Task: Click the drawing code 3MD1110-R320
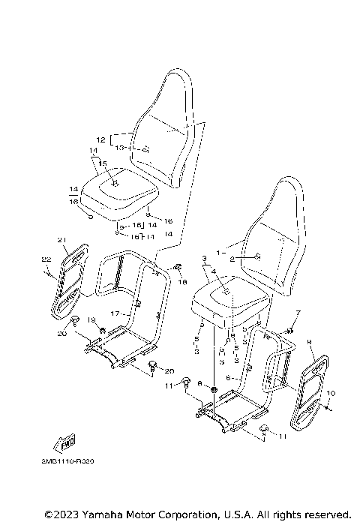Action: click(69, 462)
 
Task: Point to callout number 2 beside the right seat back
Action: click(232, 259)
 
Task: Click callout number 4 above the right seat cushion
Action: click(214, 271)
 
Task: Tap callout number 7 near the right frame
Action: click(298, 312)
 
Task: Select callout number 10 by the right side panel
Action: click(331, 393)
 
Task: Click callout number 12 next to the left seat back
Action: click(100, 139)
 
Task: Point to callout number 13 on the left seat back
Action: click(119, 148)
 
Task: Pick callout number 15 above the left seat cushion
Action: click(103, 163)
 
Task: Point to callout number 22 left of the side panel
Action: click(45, 259)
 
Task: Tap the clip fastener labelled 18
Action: click(178, 267)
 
